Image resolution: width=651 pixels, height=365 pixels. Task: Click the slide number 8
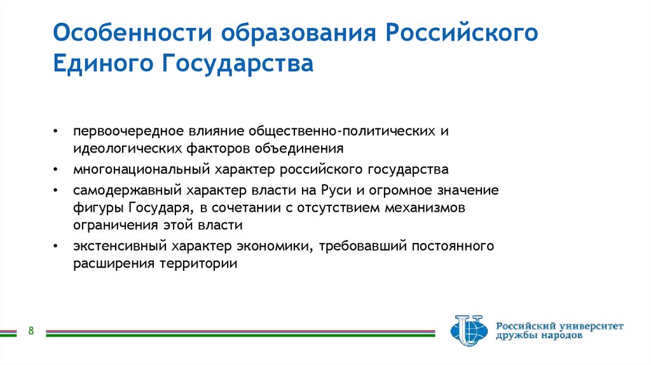tap(31, 331)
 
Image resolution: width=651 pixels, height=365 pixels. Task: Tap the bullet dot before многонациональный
tap(57, 170)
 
